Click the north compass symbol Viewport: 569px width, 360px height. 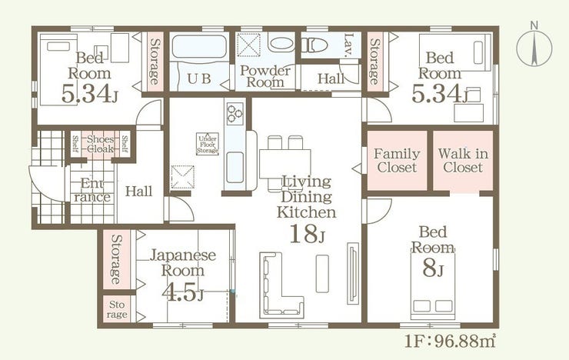534,48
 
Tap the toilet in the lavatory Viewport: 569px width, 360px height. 314,45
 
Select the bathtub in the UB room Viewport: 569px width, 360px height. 199,46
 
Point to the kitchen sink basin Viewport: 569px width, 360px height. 235,167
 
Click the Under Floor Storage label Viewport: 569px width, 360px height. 208,144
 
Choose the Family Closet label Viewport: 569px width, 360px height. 397,161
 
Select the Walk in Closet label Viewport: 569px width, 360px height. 463,161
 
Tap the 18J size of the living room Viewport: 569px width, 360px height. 307,234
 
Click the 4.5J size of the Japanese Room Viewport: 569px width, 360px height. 182,292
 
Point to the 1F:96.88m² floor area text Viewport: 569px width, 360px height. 451,341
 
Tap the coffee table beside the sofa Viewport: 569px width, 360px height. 322,274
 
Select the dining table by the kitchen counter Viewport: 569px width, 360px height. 284,164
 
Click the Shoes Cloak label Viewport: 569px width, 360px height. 100,144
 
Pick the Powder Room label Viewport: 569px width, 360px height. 265,76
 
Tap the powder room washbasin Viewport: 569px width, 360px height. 281,43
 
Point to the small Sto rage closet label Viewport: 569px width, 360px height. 117,309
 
